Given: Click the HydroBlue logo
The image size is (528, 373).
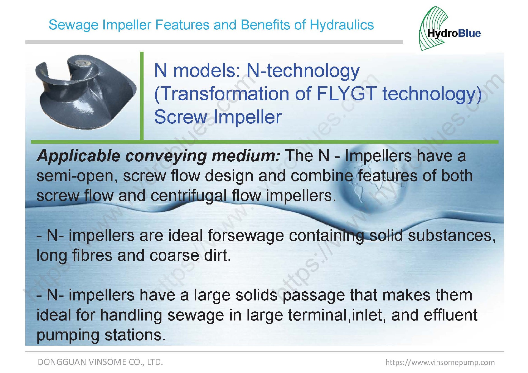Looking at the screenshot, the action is point(450,29).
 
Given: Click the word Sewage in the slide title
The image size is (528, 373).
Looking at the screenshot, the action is point(73,25).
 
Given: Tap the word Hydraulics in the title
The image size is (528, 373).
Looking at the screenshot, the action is point(342,25).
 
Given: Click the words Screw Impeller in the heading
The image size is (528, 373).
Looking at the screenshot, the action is point(218,117).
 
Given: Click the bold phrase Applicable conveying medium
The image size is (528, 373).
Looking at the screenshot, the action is point(159,156).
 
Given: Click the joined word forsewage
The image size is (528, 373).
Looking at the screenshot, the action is point(246,236).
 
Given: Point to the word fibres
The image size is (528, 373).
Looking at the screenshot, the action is point(92,255).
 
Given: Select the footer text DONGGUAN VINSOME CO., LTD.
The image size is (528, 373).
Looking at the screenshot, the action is point(100,362).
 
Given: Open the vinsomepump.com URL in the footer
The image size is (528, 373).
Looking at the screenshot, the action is point(440,362).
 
